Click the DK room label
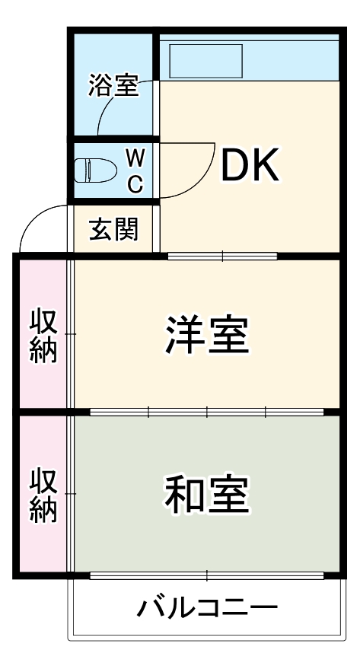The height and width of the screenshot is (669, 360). [250, 166]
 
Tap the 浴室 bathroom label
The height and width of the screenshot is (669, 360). [113, 85]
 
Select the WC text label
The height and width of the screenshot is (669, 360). [134, 170]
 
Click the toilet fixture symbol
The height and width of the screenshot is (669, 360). [94, 170]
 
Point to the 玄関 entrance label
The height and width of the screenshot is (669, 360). [114, 228]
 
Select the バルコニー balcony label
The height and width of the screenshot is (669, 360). [207, 609]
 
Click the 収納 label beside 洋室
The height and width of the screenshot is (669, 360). [43, 335]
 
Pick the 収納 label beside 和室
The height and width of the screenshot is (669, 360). [43, 495]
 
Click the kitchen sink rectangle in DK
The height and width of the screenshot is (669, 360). [205, 59]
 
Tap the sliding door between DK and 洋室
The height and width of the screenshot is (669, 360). [222, 256]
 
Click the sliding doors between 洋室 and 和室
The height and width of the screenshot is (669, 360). [207, 413]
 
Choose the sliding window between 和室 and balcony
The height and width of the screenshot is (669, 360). [207, 575]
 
